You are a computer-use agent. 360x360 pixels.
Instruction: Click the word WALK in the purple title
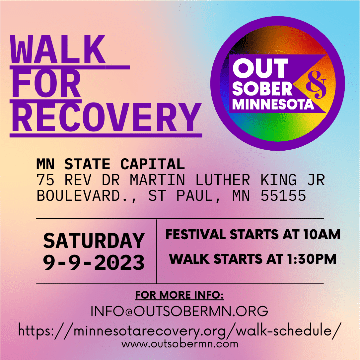(58, 49)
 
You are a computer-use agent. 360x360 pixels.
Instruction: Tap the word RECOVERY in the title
(106, 117)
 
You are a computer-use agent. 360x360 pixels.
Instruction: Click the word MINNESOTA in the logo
(273, 104)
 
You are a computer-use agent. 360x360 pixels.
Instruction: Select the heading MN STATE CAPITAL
(110, 164)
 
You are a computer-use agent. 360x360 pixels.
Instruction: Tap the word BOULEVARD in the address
(78, 196)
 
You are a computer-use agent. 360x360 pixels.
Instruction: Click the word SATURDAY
(94, 241)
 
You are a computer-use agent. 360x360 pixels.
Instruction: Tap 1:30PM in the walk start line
(312, 259)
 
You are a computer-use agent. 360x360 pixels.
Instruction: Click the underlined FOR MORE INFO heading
(179, 295)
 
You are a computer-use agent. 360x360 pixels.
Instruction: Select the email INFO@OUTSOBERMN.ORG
(179, 311)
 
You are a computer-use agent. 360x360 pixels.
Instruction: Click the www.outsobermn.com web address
(180, 344)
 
